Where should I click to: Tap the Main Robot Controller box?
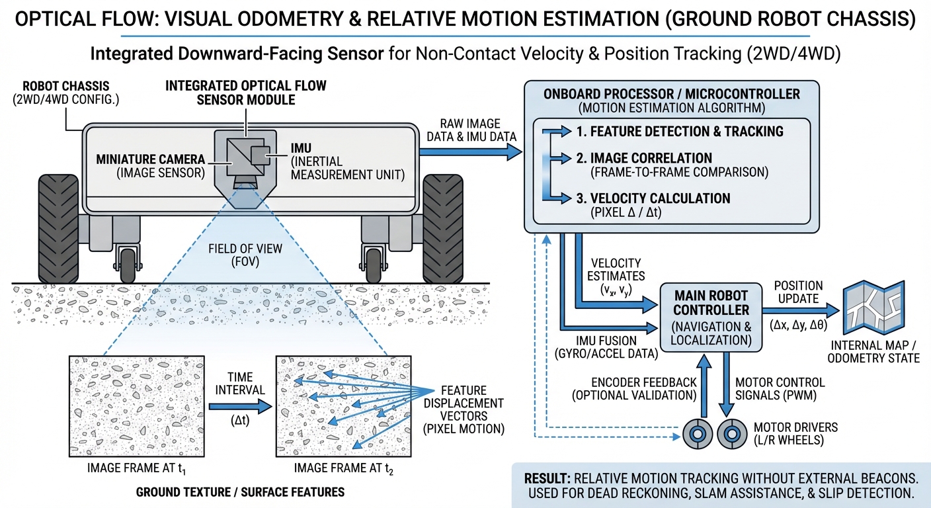pyautogui.click(x=711, y=317)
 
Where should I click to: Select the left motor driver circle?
pyautogui.click(x=695, y=433)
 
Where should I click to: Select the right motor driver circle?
pyautogui.click(x=731, y=433)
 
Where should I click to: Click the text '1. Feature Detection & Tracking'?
pyautogui.click(x=679, y=132)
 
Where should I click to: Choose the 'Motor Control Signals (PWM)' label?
pyautogui.click(x=780, y=388)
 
